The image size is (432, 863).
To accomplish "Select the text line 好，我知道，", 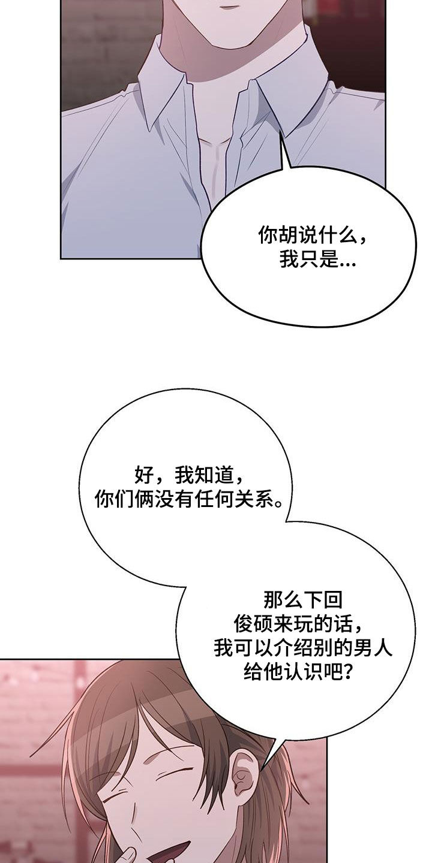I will (x=190, y=476).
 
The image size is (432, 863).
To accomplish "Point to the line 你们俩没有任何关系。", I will (x=190, y=500).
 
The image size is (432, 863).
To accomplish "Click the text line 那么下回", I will (x=298, y=599).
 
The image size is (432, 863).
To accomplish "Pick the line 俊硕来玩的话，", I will (x=298, y=624).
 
